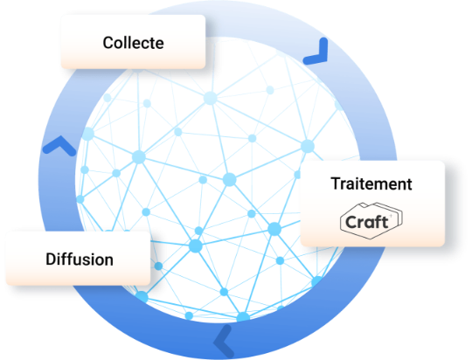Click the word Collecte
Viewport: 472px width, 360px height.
pyautogui.click(x=134, y=43)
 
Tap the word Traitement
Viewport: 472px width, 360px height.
pyautogui.click(x=371, y=183)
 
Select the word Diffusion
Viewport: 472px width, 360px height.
pyautogui.click(x=80, y=259)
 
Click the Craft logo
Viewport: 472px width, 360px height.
pyautogui.click(x=371, y=221)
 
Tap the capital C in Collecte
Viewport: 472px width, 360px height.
pyautogui.click(x=108, y=43)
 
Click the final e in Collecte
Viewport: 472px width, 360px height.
pyautogui.click(x=160, y=45)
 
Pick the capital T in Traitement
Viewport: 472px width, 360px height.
pyautogui.click(x=336, y=183)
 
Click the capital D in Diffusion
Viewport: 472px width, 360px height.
pyautogui.click(x=52, y=259)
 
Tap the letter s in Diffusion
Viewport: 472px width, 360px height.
pyautogui.click(x=88, y=260)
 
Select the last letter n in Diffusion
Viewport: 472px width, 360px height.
pyautogui.click(x=108, y=260)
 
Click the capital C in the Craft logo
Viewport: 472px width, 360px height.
pyautogui.click(x=352, y=222)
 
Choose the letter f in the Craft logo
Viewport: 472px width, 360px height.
pyautogui.click(x=378, y=222)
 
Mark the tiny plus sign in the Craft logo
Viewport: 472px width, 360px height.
pyautogui.click(x=391, y=216)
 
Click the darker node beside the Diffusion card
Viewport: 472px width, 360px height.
pyautogui.click(x=158, y=267)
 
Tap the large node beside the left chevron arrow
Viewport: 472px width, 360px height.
pyautogui.click(x=88, y=134)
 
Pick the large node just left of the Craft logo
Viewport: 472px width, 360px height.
pyautogui.click(x=274, y=229)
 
